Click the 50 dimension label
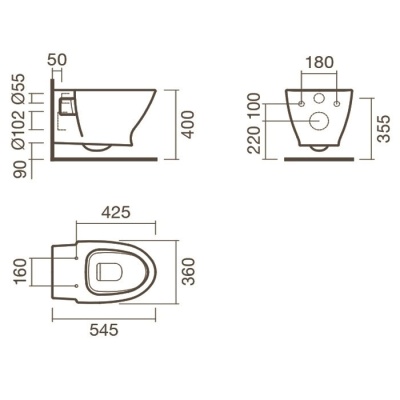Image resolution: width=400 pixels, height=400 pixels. pyautogui.click(x=57, y=59)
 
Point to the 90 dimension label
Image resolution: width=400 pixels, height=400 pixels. pyautogui.click(x=19, y=170)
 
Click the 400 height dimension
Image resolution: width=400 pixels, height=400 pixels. pyautogui.click(x=189, y=125)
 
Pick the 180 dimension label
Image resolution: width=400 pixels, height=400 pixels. pyautogui.click(x=319, y=62)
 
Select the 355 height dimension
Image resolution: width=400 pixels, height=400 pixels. pyautogui.click(x=384, y=129)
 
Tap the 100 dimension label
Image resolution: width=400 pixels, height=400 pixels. pyautogui.click(x=254, y=105)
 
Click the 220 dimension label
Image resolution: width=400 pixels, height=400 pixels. pyautogui.click(x=254, y=140)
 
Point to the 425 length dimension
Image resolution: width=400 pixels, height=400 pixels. pyautogui.click(x=116, y=212)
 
